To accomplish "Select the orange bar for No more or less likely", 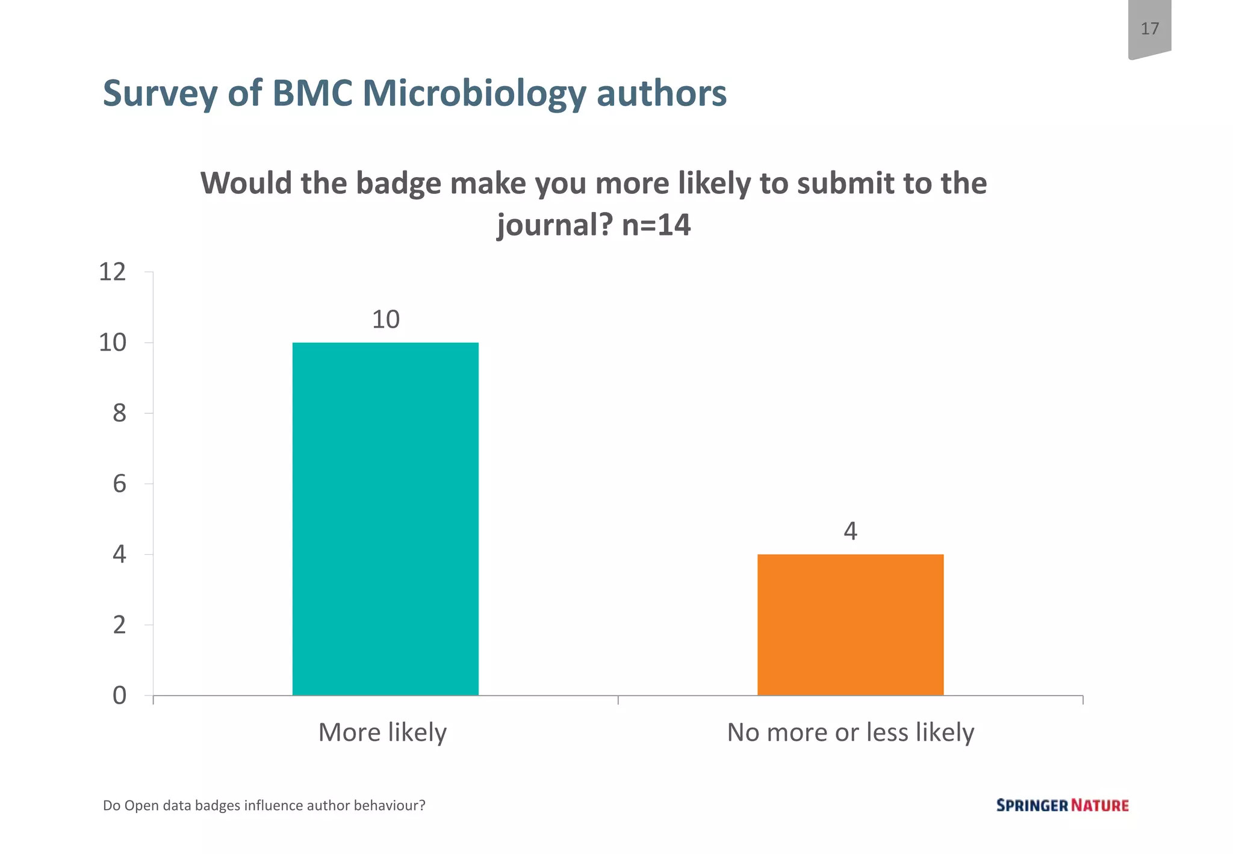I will [850, 625].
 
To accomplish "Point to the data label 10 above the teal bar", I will [385, 320].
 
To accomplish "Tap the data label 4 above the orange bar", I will [850, 531].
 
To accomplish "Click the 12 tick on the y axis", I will [113, 272].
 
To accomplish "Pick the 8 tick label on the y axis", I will [119, 414].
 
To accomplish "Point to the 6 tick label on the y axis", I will [119, 484].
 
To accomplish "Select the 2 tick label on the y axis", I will [119, 625].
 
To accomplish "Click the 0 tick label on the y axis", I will [119, 696].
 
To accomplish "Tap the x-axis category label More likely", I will [382, 733].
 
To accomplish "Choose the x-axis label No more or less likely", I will [850, 733].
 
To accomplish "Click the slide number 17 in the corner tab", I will [1149, 29].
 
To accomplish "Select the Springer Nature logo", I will [1062, 805].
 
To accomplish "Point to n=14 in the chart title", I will [656, 225].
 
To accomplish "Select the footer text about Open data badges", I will [264, 805].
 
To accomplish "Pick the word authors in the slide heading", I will [661, 95].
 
